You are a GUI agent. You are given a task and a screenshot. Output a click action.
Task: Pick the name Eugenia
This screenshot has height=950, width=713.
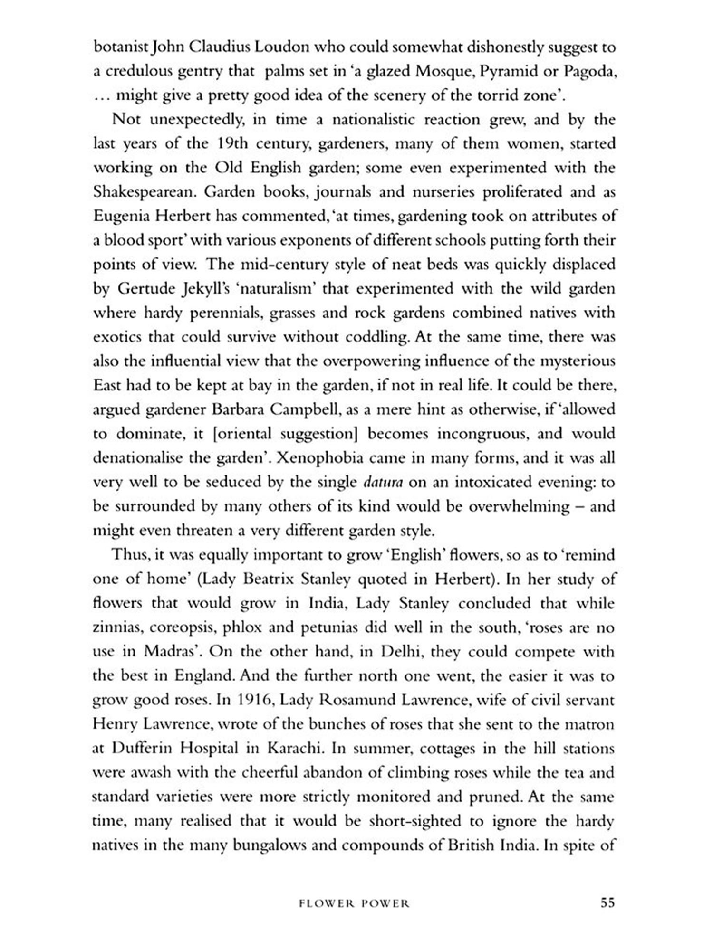coord(122,217)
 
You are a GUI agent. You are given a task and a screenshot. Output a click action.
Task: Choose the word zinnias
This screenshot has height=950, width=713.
coord(117,627)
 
